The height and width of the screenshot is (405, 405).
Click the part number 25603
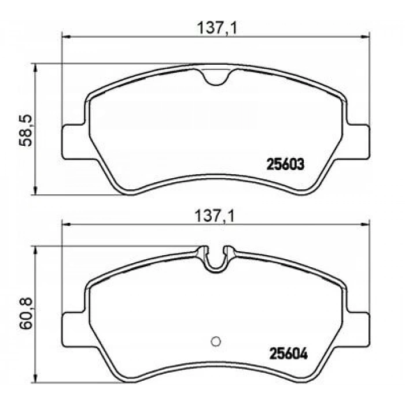(284, 164)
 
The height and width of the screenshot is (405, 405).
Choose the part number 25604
(284, 351)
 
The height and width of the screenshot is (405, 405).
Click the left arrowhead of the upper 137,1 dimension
(65, 38)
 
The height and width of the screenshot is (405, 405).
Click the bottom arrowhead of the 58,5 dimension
(36, 192)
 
